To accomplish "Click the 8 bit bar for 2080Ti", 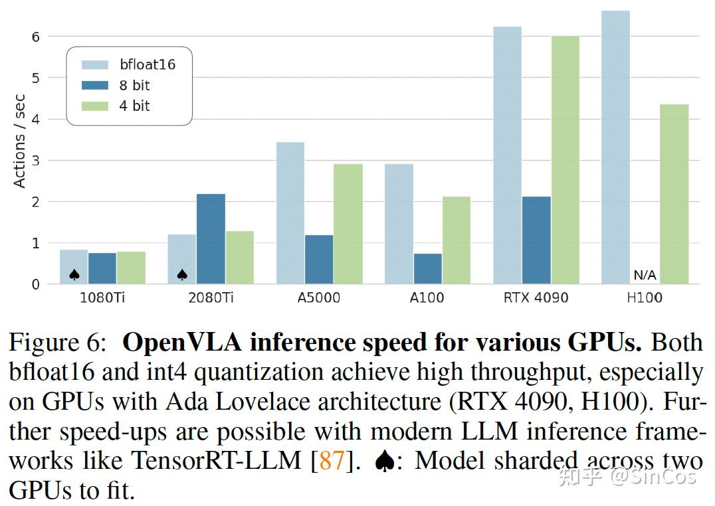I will tap(211, 239).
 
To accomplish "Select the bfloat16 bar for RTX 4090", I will tap(507, 155).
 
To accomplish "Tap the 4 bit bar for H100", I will tap(674, 194).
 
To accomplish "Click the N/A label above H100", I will tap(645, 275).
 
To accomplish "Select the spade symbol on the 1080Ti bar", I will tap(74, 274).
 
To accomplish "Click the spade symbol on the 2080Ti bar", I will tap(182, 274).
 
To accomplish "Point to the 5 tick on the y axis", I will tap(35, 78).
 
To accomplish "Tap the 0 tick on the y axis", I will tap(35, 284).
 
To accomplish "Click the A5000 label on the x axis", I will tap(319, 297).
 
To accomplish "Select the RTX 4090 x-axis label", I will tap(536, 297).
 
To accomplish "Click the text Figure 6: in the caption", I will tap(57, 342).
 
